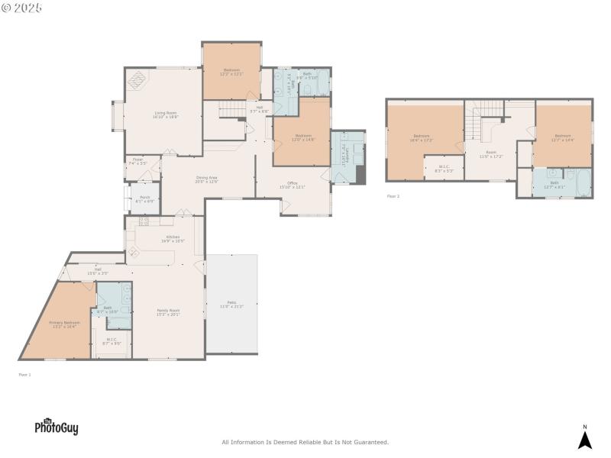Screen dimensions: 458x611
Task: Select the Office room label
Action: click(x=292, y=185)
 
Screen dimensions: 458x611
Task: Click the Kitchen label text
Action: click(x=173, y=238)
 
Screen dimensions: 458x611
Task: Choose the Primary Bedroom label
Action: click(x=64, y=324)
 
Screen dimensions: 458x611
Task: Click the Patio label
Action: click(x=231, y=305)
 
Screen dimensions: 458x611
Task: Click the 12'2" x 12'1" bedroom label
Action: click(x=232, y=73)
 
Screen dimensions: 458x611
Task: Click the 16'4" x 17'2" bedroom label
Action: click(x=422, y=138)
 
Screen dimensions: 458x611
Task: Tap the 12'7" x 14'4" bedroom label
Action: click(x=564, y=138)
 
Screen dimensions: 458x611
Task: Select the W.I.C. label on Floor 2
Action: click(x=444, y=169)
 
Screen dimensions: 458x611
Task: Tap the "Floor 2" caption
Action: click(x=393, y=196)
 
